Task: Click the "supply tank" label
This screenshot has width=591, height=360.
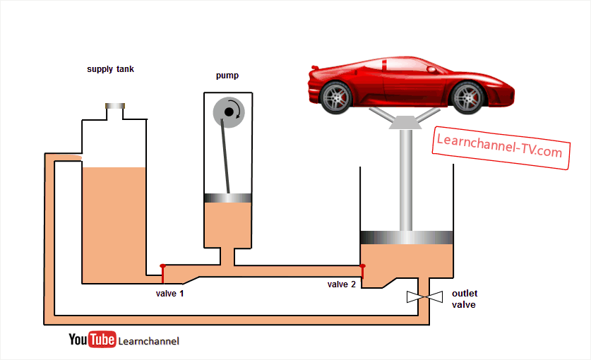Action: point(110,69)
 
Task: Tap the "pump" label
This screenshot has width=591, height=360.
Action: point(227,76)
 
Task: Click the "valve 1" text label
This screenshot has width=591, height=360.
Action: point(169,293)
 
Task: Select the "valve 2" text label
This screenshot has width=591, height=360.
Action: point(342,284)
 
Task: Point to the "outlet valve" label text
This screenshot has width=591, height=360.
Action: point(464,299)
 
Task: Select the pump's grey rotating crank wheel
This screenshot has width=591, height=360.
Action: point(228,112)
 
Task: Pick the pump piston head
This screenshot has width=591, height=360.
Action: point(227,198)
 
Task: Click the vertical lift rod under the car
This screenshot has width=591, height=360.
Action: point(406,180)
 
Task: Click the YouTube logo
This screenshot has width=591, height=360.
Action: point(92,340)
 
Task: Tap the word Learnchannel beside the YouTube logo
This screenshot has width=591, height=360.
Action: point(148,342)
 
